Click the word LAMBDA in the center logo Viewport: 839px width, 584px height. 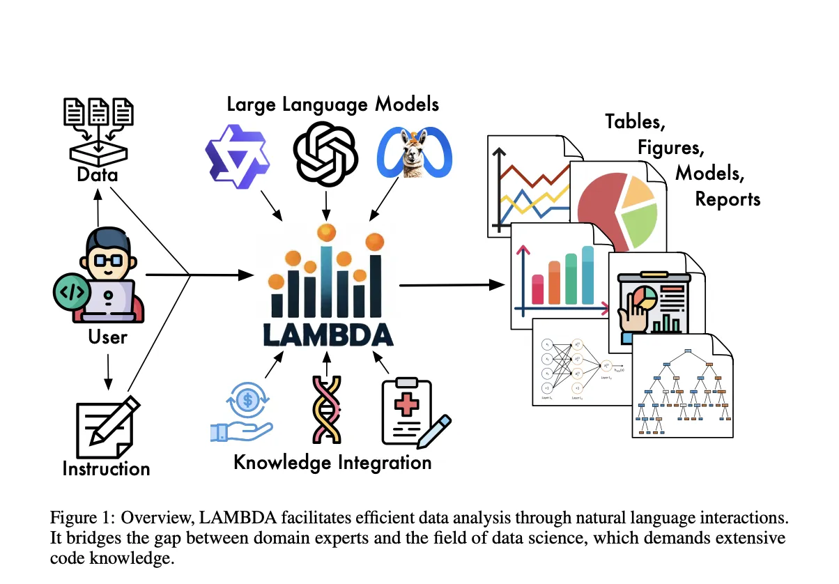pyautogui.click(x=329, y=336)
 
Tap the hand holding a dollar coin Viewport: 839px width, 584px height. pyautogui.click(x=242, y=414)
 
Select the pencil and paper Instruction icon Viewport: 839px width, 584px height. pyautogui.click(x=107, y=426)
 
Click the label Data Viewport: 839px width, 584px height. pyautogui.click(x=98, y=174)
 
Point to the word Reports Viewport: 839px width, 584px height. pyautogui.click(x=728, y=199)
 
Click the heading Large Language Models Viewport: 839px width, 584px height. pyautogui.click(x=333, y=105)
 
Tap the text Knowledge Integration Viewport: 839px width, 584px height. pyautogui.click(x=332, y=462)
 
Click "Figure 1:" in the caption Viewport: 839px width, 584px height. pyautogui.click(x=81, y=518)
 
